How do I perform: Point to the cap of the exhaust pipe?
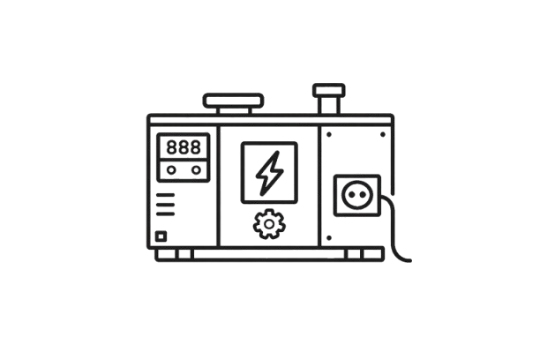point(326,89)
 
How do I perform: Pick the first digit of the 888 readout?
point(172,146)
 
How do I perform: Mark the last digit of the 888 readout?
point(197,146)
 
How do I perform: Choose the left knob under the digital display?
point(173,170)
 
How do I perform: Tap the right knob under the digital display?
point(196,170)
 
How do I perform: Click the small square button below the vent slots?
point(160,236)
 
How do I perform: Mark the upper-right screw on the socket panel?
point(384,134)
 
